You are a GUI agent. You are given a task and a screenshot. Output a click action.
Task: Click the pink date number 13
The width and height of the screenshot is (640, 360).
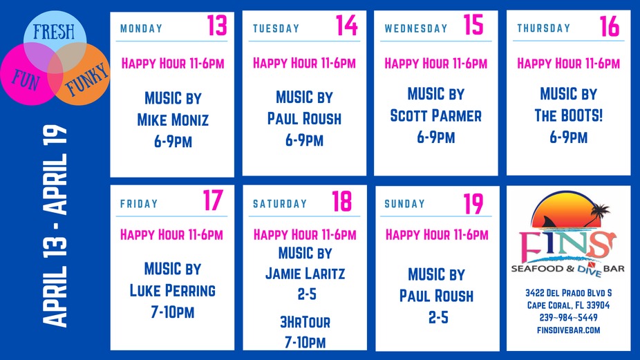pyautogui.click(x=216, y=26)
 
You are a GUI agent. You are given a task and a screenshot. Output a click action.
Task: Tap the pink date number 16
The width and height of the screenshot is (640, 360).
pyautogui.click(x=610, y=26)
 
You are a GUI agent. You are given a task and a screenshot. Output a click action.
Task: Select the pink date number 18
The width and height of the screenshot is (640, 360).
pyautogui.click(x=341, y=202)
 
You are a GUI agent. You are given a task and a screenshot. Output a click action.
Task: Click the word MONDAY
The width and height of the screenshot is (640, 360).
pyautogui.click(x=141, y=29)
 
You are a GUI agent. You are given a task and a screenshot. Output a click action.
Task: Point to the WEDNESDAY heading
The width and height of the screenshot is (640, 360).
pyautogui.click(x=416, y=29)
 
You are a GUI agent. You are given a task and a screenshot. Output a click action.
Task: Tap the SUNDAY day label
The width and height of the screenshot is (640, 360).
pyautogui.click(x=405, y=204)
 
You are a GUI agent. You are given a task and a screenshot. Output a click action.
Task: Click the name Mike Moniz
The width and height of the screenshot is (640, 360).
pyautogui.click(x=173, y=120)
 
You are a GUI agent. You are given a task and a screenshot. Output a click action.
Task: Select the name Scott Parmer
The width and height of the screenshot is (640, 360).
pyautogui.click(x=435, y=115)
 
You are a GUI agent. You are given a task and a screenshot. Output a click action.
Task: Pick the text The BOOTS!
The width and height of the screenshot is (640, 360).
pyautogui.click(x=569, y=115)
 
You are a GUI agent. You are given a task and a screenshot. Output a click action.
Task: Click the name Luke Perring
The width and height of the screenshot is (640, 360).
pyautogui.click(x=173, y=290)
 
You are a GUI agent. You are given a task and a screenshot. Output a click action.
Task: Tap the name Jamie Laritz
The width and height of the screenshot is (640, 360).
pyautogui.click(x=305, y=274)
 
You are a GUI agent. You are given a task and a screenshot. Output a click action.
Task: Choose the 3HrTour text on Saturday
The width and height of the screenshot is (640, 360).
pyautogui.click(x=305, y=322)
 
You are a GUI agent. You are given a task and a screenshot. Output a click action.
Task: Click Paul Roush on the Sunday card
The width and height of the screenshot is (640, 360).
pyautogui.click(x=436, y=296)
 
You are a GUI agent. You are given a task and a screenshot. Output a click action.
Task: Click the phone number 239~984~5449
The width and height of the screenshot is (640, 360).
pyautogui.click(x=568, y=317)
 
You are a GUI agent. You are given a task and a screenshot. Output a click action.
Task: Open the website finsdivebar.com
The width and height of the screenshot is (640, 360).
pyautogui.click(x=568, y=330)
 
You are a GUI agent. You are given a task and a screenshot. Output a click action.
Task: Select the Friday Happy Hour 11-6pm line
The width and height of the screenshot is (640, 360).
pyautogui.click(x=172, y=235)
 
